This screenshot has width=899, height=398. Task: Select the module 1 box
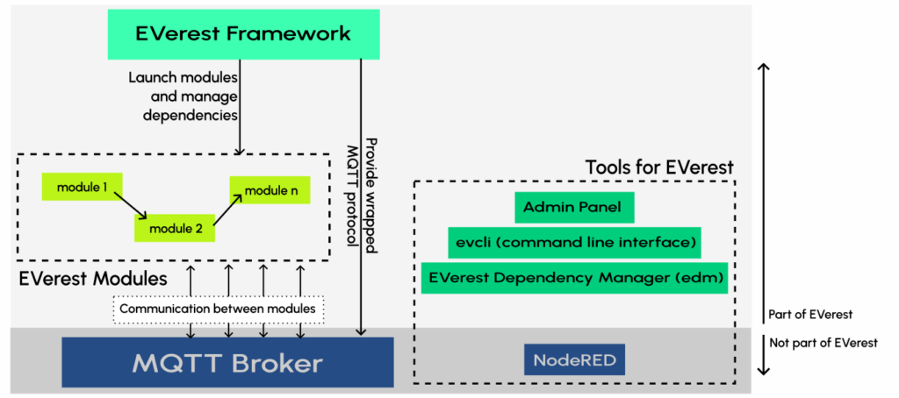click(x=79, y=187)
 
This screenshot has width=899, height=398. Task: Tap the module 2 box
click(x=176, y=229)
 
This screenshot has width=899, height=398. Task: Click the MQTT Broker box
click(x=227, y=362)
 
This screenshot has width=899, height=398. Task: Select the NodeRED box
click(x=574, y=359)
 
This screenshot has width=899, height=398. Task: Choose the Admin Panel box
click(x=574, y=208)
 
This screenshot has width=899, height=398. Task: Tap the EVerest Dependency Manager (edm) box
click(x=574, y=278)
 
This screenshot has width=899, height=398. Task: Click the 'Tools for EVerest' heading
click(x=658, y=167)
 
